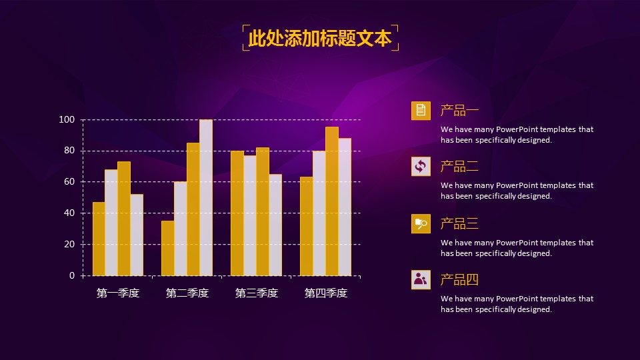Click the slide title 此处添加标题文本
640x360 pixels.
coord(320,38)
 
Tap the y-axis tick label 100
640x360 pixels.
coord(67,119)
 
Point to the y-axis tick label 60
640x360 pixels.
coord(69,182)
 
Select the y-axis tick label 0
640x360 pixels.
coord(72,275)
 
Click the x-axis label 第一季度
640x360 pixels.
coord(118,293)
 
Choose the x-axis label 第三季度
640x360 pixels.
coord(257,293)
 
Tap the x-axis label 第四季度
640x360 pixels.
coord(326,293)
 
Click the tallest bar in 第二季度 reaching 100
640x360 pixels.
coord(206,198)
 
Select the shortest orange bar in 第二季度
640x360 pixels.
coord(167,248)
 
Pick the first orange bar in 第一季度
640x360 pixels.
coord(99,239)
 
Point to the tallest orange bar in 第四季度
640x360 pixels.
coord(332,201)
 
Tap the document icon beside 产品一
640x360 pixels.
coord(421,111)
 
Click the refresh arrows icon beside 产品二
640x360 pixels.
coord(421,167)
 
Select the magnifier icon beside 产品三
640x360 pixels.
coord(421,224)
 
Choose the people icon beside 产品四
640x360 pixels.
coord(421,280)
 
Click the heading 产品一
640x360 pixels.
coord(459,111)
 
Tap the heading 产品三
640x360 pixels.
coord(459,224)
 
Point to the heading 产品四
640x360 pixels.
coord(459,280)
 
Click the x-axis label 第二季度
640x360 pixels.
coord(187,293)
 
